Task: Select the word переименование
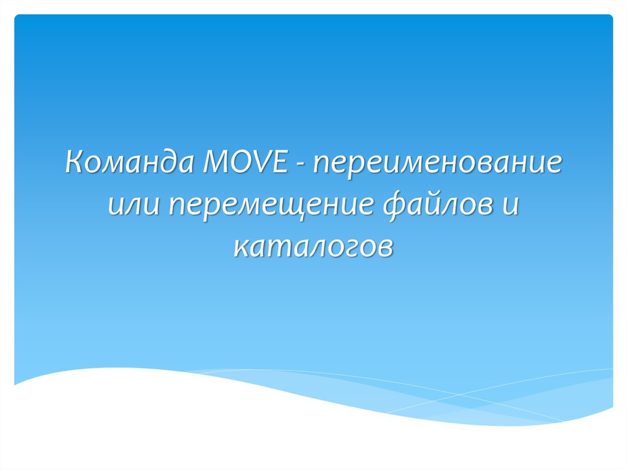coord(438,166)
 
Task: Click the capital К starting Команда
coord(75,165)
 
